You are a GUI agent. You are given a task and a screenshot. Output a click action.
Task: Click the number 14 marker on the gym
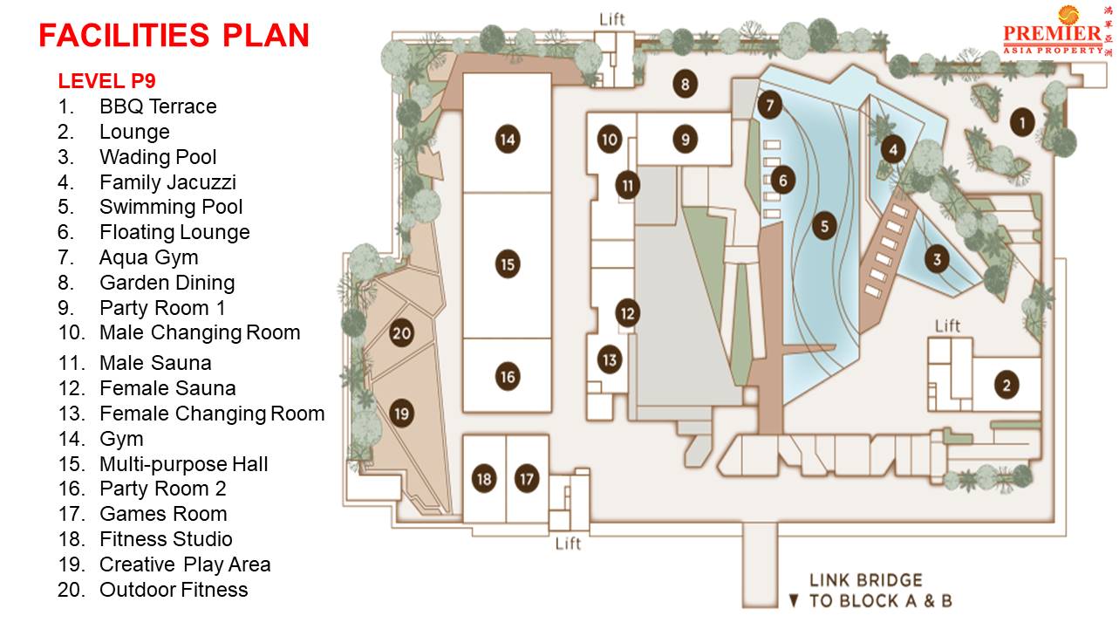508,139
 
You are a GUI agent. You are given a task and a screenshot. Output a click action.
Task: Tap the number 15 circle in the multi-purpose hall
508,263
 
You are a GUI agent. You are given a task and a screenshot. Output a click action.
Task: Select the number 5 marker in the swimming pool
823,227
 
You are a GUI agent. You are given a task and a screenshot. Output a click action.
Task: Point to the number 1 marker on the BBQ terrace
1022,122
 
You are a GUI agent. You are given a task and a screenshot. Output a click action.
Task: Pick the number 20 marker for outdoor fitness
401,333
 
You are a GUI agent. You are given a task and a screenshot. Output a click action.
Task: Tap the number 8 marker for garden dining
686,85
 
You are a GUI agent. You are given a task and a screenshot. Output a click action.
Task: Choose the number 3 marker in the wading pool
937,259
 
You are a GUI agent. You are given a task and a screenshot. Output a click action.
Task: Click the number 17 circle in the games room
527,479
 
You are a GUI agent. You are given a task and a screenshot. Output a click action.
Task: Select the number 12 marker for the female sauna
628,312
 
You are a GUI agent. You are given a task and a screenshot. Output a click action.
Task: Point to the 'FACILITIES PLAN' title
174,35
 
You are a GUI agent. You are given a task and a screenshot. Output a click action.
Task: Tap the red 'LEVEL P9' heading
106,81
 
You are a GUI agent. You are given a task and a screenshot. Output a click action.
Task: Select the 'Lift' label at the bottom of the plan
568,544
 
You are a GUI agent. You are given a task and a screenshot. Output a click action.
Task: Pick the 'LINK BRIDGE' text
865,580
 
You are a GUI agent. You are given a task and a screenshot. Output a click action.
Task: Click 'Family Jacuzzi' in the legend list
167,182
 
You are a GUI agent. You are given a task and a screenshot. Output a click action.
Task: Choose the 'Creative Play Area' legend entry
185,564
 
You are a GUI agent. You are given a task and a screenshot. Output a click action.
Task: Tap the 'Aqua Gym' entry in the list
148,257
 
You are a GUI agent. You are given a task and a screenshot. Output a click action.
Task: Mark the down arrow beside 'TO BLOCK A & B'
793,601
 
